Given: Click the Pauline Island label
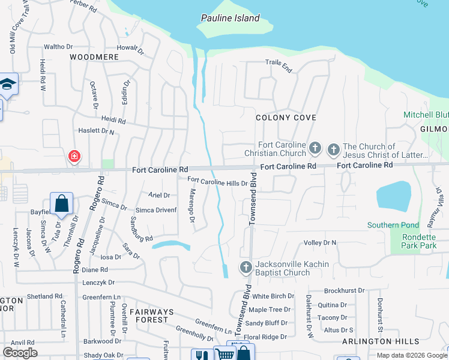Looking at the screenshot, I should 230,18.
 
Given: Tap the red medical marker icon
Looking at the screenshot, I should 74,157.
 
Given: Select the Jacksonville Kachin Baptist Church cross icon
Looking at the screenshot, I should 246,268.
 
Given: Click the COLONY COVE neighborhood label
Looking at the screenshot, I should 286,118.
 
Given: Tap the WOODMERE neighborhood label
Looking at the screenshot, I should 94,57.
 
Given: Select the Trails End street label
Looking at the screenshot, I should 279,65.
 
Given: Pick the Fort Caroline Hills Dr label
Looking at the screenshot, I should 217,181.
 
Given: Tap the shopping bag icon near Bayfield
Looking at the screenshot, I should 62,204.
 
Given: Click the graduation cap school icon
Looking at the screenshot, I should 8,84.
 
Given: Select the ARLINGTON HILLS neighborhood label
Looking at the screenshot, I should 381,341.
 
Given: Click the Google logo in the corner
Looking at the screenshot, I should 20,352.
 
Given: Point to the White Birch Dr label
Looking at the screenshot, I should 273,296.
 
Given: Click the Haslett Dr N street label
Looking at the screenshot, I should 97,130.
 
